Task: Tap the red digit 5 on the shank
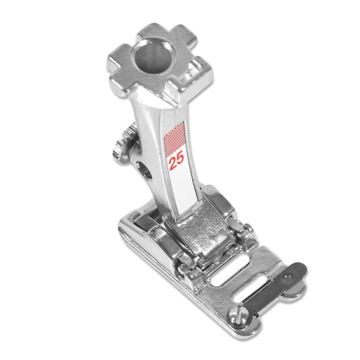click(180, 160)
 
